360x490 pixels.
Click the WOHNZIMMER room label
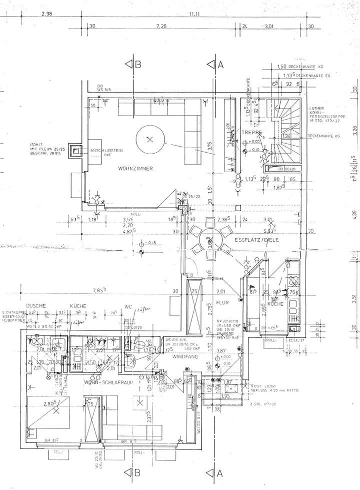tap(135, 168)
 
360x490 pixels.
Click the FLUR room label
tap(222, 302)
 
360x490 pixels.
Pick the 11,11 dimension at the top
tap(194, 14)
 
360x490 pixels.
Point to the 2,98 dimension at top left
tap(47, 14)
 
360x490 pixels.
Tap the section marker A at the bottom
tap(214, 472)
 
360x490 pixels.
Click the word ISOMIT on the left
tap(38, 144)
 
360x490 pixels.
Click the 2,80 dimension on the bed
tap(48, 403)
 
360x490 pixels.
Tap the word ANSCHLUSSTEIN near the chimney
tap(105, 150)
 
